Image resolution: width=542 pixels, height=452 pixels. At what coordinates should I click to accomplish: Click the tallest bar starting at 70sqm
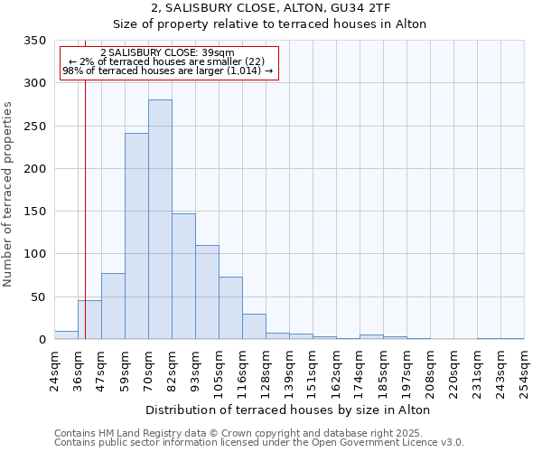pos(160,220)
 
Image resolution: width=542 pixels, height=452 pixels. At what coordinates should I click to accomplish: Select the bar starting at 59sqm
pos(136,236)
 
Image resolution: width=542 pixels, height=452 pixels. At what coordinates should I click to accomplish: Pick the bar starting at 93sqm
pos(207,292)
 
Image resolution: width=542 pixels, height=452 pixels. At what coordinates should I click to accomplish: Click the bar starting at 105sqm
pos(230,308)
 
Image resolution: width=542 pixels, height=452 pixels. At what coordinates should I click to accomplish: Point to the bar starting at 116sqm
pos(254,326)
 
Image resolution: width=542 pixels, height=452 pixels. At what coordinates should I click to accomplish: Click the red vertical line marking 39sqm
pos(85,208)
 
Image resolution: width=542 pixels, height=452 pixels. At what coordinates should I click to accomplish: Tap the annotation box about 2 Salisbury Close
pos(168,62)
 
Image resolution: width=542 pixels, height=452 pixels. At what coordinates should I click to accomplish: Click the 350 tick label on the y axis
pos(34,41)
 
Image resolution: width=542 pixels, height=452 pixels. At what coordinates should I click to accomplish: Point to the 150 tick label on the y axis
pos(34,212)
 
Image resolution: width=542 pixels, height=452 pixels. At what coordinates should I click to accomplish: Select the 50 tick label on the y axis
pos(38,297)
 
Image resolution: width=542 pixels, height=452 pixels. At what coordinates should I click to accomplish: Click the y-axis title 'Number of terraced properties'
pos(9,193)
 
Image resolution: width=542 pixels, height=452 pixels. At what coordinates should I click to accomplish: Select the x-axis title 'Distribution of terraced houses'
pos(287,410)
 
